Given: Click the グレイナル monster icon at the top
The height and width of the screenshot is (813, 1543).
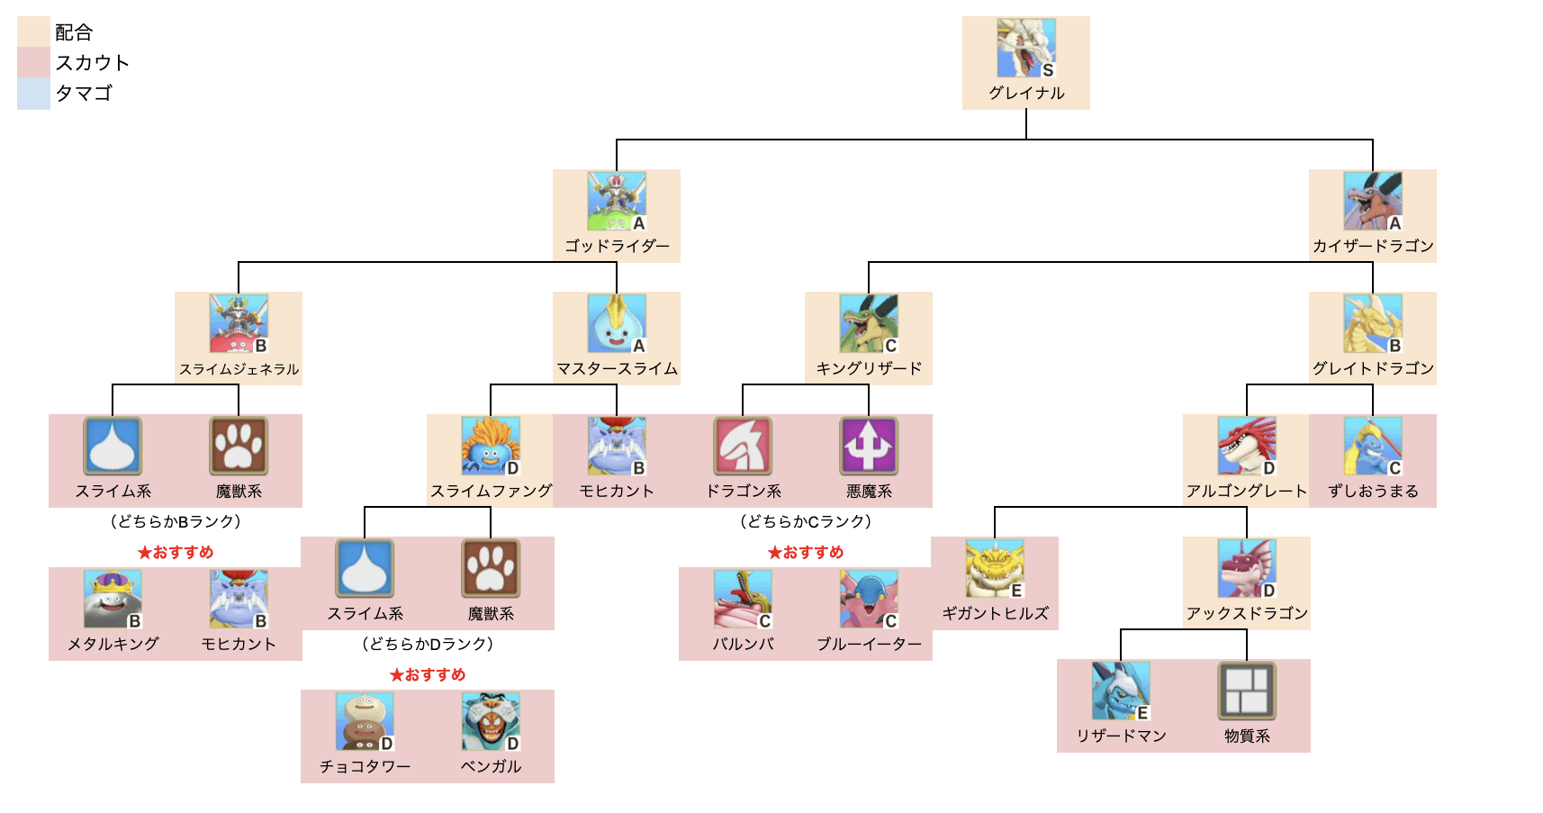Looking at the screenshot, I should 1025,49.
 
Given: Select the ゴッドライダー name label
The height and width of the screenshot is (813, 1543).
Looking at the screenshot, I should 617,246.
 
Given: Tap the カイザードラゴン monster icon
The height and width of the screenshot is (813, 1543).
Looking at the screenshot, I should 1372,202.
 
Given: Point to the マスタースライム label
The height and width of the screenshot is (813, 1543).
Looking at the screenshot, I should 617,368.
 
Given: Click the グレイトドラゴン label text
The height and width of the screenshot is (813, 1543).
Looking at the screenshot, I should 1372,368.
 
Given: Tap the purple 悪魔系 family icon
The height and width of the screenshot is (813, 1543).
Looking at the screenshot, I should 869,446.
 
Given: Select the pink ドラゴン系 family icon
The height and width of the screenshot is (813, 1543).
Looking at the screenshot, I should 743,446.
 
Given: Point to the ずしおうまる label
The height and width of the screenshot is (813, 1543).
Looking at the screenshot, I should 1373,491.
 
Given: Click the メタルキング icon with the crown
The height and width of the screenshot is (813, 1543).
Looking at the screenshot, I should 113,600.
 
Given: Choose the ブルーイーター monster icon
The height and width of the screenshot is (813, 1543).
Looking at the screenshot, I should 869,600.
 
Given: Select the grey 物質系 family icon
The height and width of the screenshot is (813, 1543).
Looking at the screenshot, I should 1247,691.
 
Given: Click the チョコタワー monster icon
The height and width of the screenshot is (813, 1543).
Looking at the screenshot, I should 365,722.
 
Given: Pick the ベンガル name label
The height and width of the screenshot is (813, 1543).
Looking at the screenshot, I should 491,766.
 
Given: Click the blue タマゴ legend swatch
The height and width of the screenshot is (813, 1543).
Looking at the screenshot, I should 33,94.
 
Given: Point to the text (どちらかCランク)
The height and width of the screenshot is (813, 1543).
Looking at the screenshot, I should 806,521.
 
